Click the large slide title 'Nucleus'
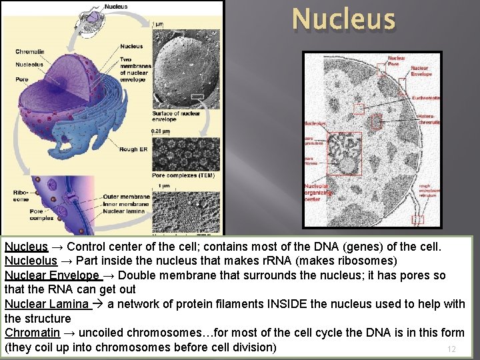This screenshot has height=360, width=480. [x=343, y=19]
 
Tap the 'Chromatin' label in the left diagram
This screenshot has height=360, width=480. [x=30, y=52]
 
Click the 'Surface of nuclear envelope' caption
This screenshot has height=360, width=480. [x=175, y=117]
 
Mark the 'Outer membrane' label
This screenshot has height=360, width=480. [x=126, y=197]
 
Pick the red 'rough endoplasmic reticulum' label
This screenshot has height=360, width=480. [x=429, y=192]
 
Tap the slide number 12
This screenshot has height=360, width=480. [x=451, y=349]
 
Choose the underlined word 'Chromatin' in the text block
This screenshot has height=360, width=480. [x=32, y=333]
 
